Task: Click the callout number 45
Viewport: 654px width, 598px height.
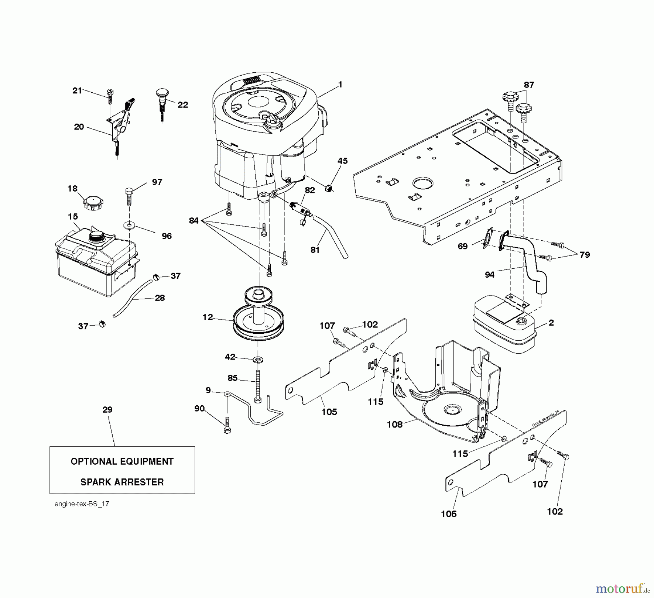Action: pos(342,161)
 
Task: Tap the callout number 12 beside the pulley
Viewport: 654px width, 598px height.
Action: pos(207,317)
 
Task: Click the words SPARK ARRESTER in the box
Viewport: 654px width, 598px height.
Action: pos(122,482)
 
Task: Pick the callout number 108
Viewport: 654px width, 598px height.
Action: pos(395,424)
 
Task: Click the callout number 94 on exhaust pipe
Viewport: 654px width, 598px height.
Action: pos(489,274)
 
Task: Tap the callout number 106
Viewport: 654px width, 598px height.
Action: pos(449,514)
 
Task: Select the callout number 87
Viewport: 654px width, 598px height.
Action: pos(529,85)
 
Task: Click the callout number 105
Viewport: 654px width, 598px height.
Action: pos(329,412)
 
